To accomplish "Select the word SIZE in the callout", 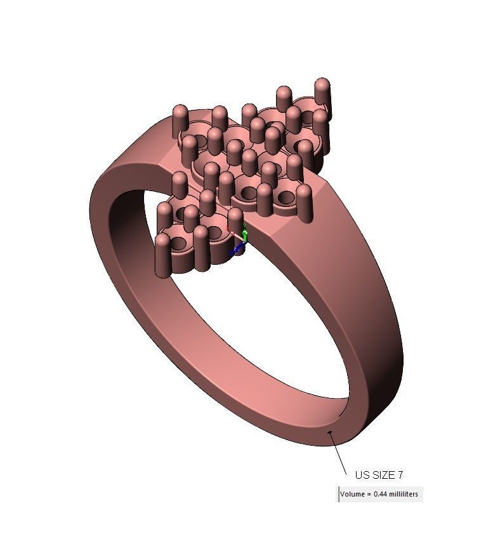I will pos(382,475).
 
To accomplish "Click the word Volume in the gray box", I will pos(352,494).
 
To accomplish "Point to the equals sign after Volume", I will pos(368,494).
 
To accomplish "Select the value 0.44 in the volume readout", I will pos(379,494).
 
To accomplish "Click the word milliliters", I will pos(403,494).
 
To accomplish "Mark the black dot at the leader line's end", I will pos(330,433).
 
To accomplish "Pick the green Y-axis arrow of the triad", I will pos(246,236).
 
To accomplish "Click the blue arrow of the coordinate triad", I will pos(237,250).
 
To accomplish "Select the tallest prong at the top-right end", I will pos(322,95).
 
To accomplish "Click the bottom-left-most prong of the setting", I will pos(163,254).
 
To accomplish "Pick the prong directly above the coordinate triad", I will pos(235,220).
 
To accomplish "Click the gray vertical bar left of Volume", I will pos(338,494).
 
